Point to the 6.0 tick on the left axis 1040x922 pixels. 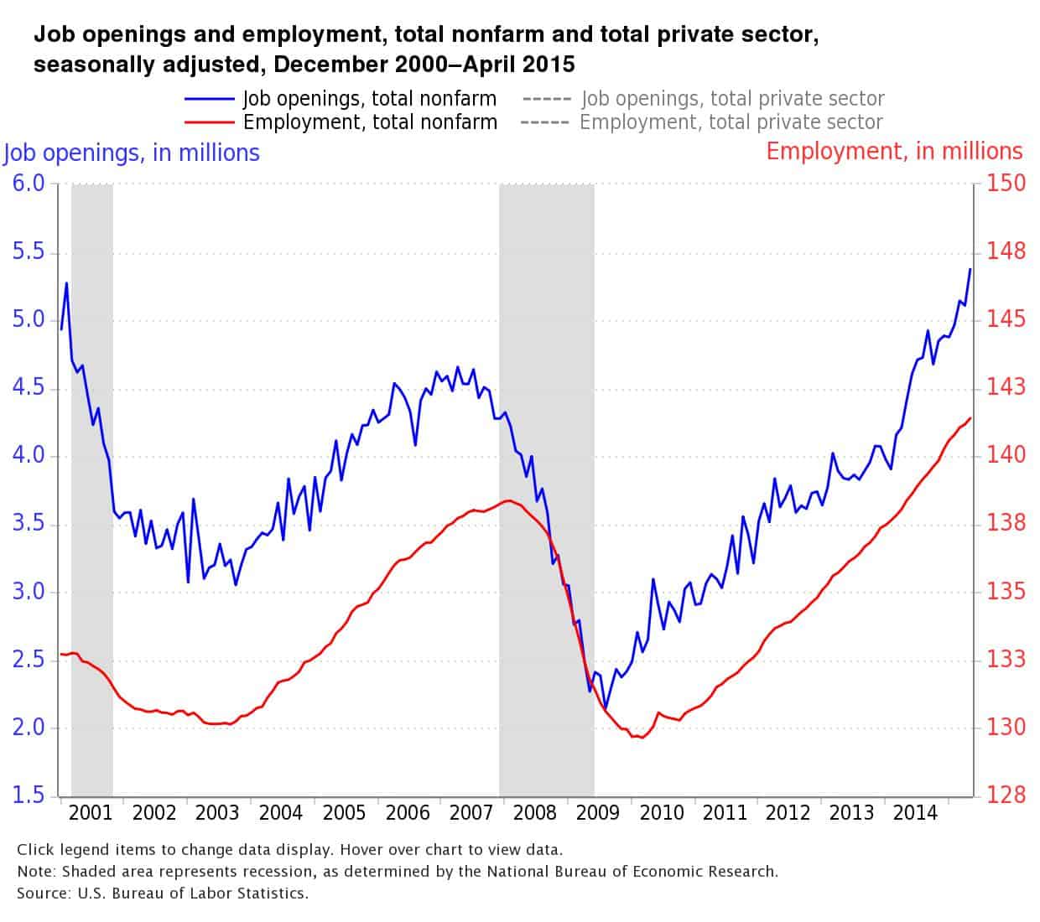pyautogui.click(x=29, y=183)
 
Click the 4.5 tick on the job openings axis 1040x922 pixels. pyautogui.click(x=29, y=388)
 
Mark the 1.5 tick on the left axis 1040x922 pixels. pyautogui.click(x=29, y=795)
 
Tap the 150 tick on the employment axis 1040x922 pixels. pyautogui.click(x=1006, y=183)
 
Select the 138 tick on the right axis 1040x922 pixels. pyautogui.click(x=1006, y=523)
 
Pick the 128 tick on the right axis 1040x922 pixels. pyautogui.click(x=1006, y=795)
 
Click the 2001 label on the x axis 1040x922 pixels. pyautogui.click(x=90, y=812)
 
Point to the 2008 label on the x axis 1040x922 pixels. pyautogui.click(x=534, y=812)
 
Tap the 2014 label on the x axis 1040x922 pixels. pyautogui.click(x=915, y=812)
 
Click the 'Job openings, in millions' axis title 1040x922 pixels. pyautogui.click(x=132, y=153)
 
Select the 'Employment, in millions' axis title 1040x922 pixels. pyautogui.click(x=894, y=151)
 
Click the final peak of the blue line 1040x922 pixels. pyautogui.click(x=970, y=269)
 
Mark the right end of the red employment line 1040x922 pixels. pyautogui.click(x=970, y=418)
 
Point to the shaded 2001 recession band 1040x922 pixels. pyautogui.click(x=92, y=486)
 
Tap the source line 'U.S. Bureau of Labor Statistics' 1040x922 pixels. pyautogui.click(x=193, y=893)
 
